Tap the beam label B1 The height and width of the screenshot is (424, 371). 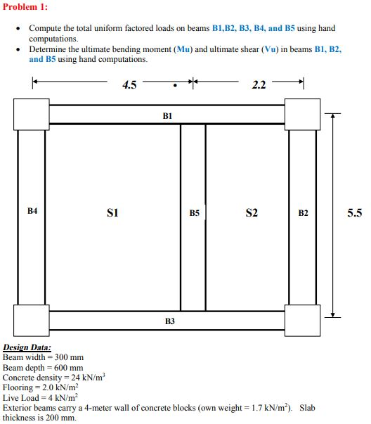pyautogui.click(x=167, y=114)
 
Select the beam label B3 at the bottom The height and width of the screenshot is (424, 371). pyautogui.click(x=169, y=321)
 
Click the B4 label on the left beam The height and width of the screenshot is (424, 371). pyautogui.click(x=32, y=210)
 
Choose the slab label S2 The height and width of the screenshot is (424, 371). pyautogui.click(x=252, y=212)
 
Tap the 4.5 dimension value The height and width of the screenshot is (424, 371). pyautogui.click(x=129, y=86)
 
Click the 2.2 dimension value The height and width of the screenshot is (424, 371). pyautogui.click(x=259, y=86)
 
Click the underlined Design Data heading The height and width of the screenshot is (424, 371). pyautogui.click(x=27, y=347)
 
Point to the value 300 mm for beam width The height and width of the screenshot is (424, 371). pyautogui.click(x=69, y=357)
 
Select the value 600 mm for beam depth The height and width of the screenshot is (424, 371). pyautogui.click(x=68, y=368)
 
